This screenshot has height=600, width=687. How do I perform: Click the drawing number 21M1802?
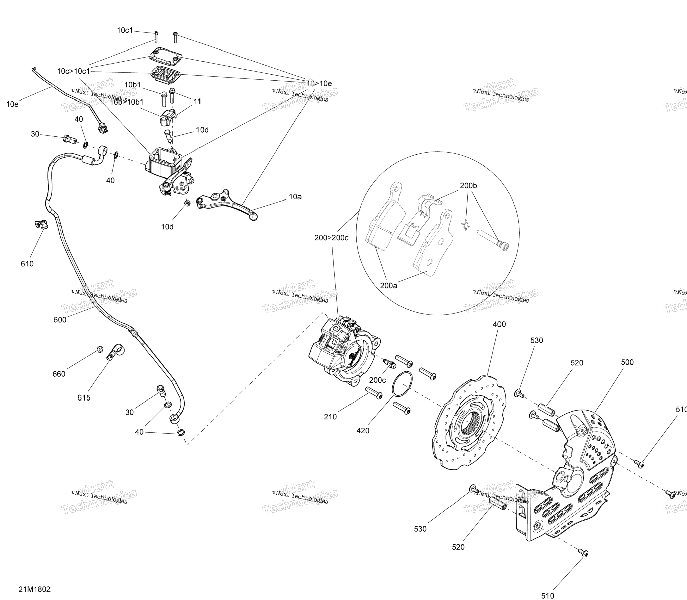click(34, 589)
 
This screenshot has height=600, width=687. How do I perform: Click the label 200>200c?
click(331, 238)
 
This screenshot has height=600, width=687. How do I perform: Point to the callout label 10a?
click(295, 197)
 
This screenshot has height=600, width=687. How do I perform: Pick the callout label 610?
click(27, 264)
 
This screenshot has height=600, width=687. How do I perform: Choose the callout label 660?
click(59, 374)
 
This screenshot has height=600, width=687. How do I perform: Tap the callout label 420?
click(363, 431)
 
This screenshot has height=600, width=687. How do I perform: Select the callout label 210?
click(330, 417)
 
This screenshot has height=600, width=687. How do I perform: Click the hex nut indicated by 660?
click(99, 349)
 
